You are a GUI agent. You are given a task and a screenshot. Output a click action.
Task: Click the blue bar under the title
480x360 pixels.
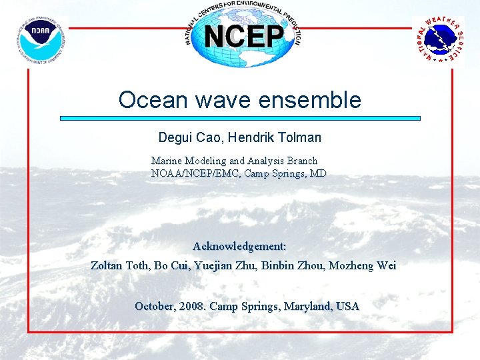click(x=240, y=119)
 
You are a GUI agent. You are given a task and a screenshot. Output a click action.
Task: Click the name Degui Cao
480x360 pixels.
click(x=189, y=138)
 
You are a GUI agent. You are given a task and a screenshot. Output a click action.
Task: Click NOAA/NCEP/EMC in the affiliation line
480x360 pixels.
click(x=197, y=173)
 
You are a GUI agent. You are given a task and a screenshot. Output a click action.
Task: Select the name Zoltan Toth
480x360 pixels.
click(x=119, y=265)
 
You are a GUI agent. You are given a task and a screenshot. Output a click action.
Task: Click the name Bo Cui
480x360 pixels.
click(x=172, y=265)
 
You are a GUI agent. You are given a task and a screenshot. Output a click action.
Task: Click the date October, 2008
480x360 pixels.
click(x=170, y=307)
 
